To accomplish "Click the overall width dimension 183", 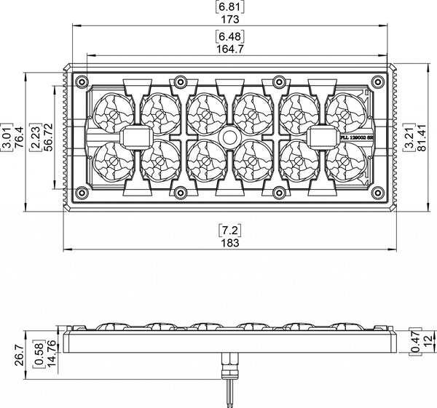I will pyautogui.click(x=229, y=243).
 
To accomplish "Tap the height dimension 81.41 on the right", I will pyautogui.click(x=422, y=136).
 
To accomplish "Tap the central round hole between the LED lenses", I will pyautogui.click(x=229, y=137).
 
